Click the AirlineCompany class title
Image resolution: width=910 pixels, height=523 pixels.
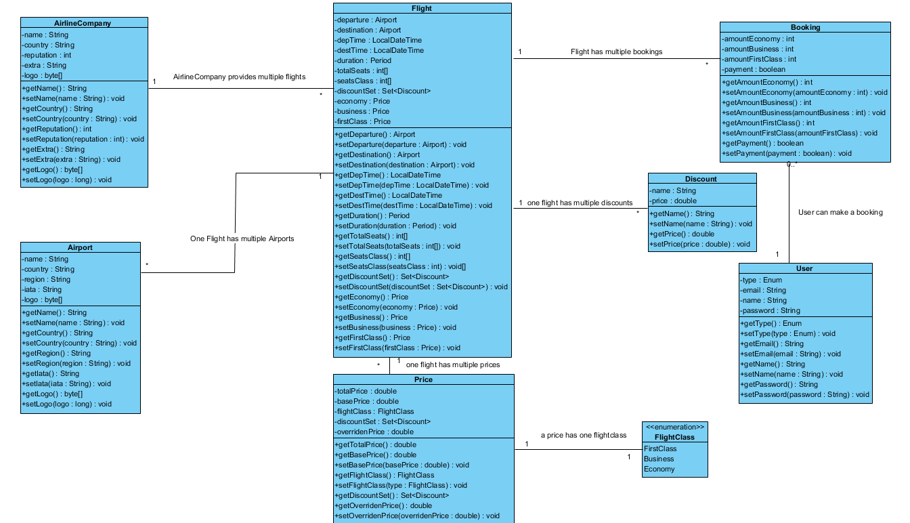pyautogui.click(x=82, y=23)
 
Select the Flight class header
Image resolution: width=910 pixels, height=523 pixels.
pyautogui.click(x=421, y=8)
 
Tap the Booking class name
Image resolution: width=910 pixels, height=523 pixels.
pyautogui.click(x=805, y=28)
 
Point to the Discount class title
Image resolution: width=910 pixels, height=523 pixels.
pyautogui.click(x=701, y=179)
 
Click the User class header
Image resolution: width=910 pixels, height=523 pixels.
pyautogui.click(x=804, y=268)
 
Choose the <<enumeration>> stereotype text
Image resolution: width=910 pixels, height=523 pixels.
pyautogui.click(x=675, y=427)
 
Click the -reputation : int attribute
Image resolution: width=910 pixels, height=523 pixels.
pyautogui.click(x=47, y=55)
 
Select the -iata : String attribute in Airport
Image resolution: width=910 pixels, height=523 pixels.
pyautogui.click(x=42, y=289)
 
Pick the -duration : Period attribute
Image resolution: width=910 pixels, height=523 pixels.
pyautogui.click(x=363, y=60)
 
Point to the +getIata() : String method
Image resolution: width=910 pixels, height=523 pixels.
pyautogui.click(x=51, y=373)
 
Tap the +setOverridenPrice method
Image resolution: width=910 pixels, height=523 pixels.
pyautogui.click(x=417, y=516)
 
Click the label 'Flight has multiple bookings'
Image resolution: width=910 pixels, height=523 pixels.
pyautogui.click(x=616, y=51)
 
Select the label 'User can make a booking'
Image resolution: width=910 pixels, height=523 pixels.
pyautogui.click(x=840, y=212)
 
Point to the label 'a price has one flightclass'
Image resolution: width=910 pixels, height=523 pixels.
pyautogui.click(x=583, y=435)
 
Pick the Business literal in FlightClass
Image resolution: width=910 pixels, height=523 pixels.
pyautogui.click(x=659, y=459)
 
